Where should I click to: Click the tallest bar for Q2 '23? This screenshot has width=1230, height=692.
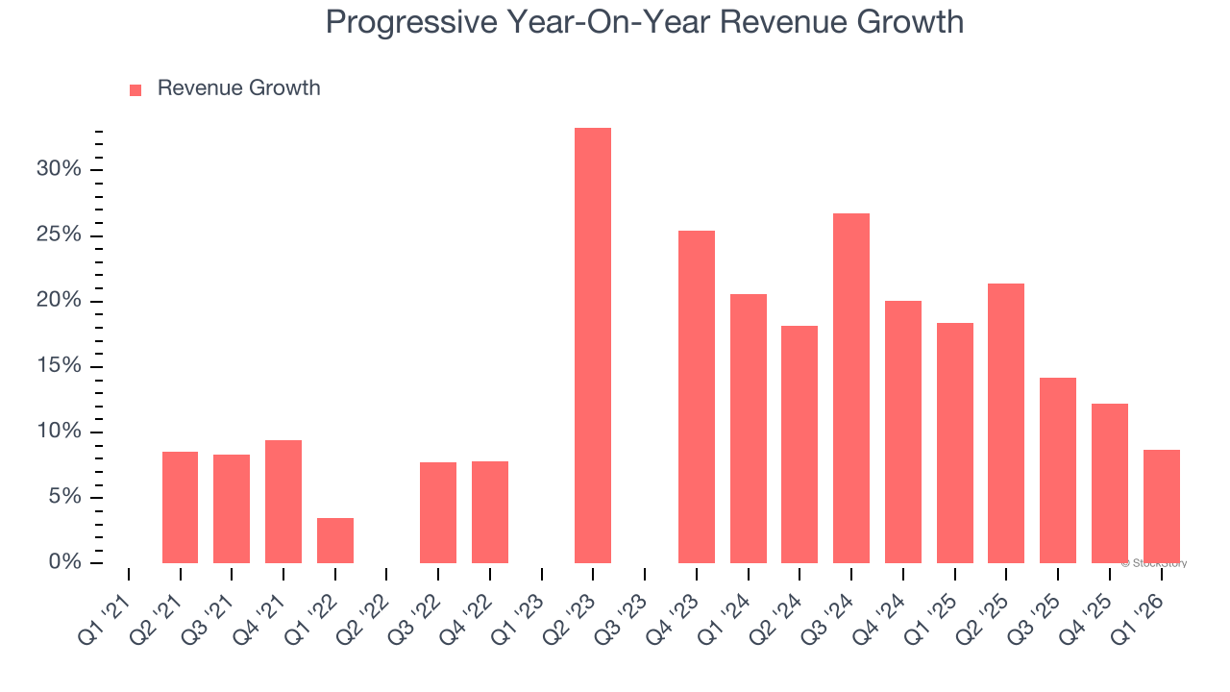pos(593,345)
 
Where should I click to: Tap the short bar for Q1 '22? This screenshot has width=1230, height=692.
pos(335,540)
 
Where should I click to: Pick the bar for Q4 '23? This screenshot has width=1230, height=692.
pos(697,396)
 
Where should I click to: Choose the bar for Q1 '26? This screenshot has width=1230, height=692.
pos(1162,506)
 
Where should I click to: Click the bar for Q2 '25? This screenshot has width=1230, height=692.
pos(1006,423)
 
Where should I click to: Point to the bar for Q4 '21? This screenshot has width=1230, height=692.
pos(283,501)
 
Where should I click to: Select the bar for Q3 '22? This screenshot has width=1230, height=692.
pos(438,512)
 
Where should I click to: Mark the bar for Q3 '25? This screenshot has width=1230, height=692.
pos(1058,470)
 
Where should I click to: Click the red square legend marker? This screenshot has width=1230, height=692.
pos(135,89)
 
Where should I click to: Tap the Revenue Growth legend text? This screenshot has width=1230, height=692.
pos(238,88)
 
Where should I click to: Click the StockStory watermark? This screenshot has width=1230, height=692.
pos(1154,563)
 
